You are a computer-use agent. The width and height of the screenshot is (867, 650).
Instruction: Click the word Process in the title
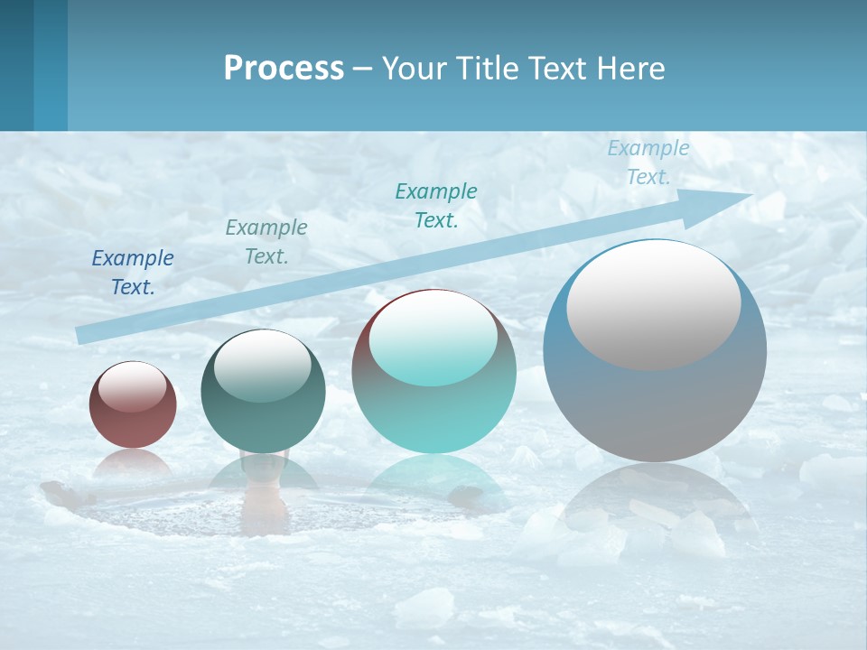pos(284,69)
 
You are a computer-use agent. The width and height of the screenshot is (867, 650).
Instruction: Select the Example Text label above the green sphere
pos(266,242)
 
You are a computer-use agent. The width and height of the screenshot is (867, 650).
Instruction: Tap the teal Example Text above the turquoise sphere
pos(436,205)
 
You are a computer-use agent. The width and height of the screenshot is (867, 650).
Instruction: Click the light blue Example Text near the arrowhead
pos(648,162)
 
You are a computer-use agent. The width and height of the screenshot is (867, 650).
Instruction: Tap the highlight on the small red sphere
pos(132,386)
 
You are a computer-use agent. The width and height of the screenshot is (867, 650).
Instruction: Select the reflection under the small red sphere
pos(133,464)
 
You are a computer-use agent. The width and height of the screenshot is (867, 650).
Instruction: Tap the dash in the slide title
pos(362,69)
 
